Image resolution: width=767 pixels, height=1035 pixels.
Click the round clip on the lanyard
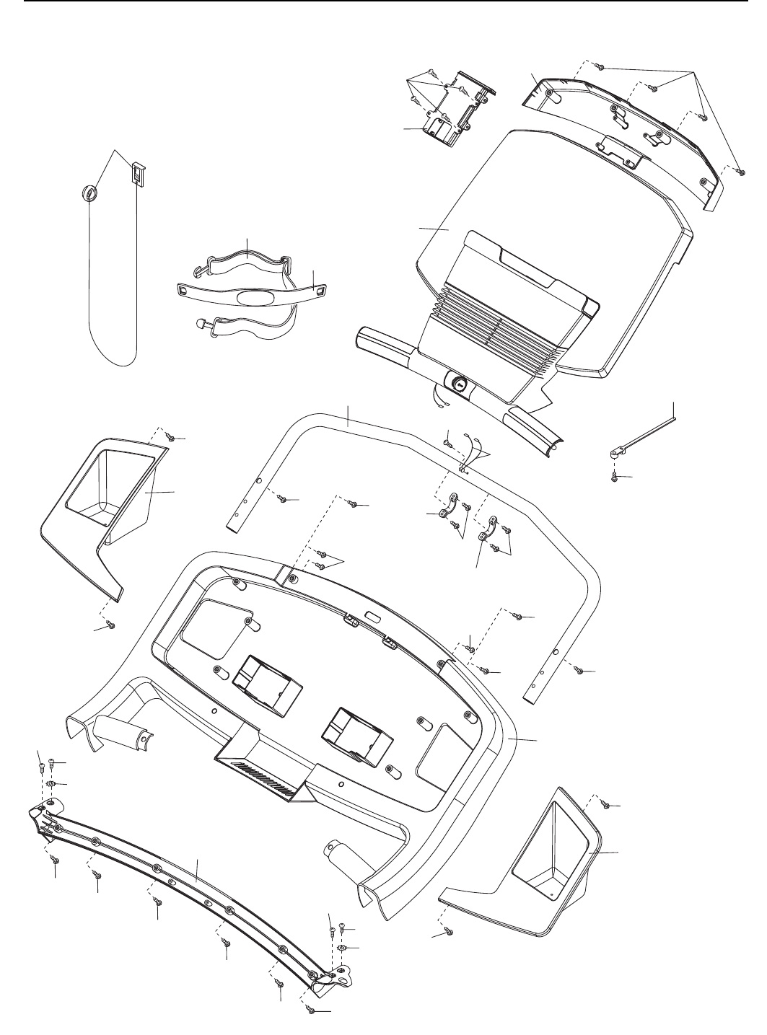coord(88,193)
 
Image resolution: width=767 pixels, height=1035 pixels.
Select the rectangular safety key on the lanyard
coord(139,173)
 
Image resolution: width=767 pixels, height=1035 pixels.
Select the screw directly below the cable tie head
coord(614,477)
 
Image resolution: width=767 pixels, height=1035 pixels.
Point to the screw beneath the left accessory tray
coord(111,624)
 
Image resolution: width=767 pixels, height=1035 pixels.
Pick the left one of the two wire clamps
coord(455,506)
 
